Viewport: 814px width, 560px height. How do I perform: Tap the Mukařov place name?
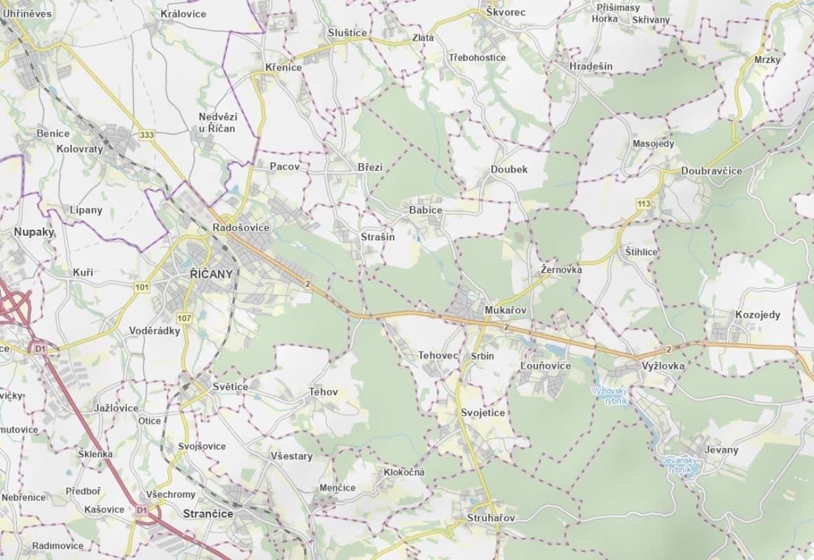[505, 309]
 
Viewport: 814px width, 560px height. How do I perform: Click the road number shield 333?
[146, 135]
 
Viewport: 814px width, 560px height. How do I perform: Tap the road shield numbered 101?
[143, 287]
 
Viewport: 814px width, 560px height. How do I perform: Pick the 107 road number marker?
[184, 318]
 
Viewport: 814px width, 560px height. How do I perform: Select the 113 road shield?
[644, 204]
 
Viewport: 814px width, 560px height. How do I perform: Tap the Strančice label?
[207, 514]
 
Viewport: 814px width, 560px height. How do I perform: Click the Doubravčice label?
[711, 171]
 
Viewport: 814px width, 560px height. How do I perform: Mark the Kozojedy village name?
[757, 315]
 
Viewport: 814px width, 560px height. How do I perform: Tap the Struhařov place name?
[490, 518]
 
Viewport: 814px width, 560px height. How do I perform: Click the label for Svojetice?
[483, 412]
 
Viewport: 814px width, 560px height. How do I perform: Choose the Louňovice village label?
[546, 365]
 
